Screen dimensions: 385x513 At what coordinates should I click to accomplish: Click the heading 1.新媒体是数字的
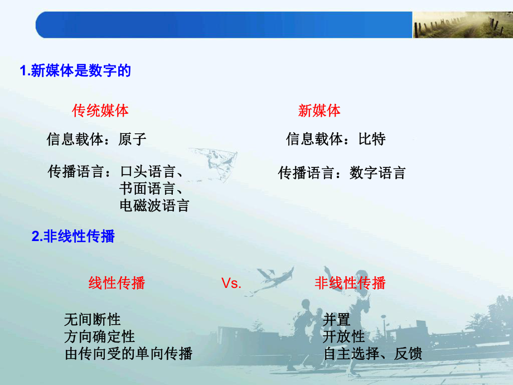click(75, 71)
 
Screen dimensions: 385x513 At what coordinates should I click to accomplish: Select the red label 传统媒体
click(100, 110)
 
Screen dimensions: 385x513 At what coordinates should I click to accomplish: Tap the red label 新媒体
click(319, 110)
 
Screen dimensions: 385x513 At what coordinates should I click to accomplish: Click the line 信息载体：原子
click(96, 139)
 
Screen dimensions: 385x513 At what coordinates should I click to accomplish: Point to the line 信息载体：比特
click(336, 139)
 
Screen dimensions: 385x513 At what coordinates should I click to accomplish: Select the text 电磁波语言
click(154, 205)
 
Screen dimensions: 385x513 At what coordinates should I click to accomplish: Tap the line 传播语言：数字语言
click(342, 173)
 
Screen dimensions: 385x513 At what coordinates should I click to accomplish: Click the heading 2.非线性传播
click(73, 237)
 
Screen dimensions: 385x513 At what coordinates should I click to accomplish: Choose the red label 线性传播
click(117, 283)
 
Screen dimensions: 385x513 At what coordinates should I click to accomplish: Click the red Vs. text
click(231, 283)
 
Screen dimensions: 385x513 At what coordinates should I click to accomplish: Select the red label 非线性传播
click(350, 283)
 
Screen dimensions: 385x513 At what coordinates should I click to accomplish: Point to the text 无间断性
click(93, 320)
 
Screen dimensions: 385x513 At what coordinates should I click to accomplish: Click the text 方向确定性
click(100, 336)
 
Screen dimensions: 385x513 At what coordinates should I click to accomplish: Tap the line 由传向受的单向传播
click(128, 354)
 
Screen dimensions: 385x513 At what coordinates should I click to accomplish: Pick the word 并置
click(337, 320)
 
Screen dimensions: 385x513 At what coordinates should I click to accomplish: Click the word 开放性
click(344, 336)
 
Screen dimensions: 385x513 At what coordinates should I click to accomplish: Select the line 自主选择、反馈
click(372, 354)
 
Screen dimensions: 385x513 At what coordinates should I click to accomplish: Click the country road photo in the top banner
click(462, 26)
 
